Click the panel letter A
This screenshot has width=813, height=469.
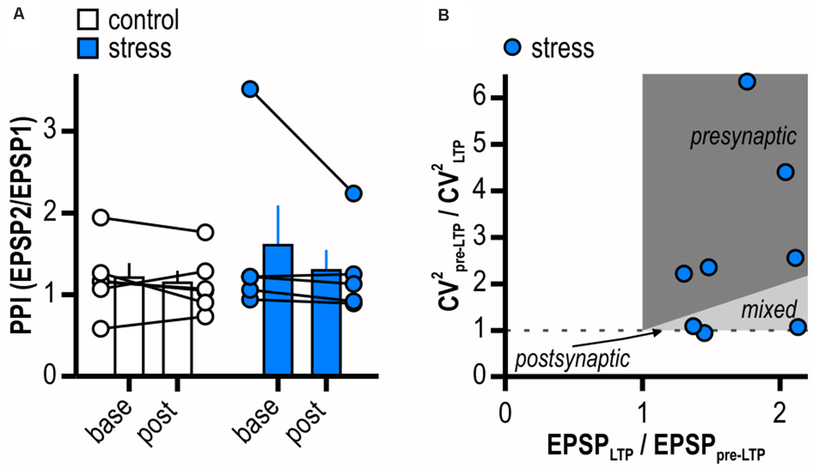pyautogui.click(x=19, y=14)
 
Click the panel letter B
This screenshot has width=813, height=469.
pyautogui.click(x=443, y=15)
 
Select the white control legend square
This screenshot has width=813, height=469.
pyautogui.click(x=88, y=20)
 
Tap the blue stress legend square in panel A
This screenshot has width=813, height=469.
pyautogui.click(x=88, y=48)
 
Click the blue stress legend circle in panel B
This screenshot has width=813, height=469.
pyautogui.click(x=513, y=48)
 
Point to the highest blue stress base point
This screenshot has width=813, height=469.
pyautogui.click(x=250, y=89)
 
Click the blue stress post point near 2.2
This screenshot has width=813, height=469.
pyautogui.click(x=353, y=193)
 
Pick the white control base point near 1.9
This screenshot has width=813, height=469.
pyautogui.click(x=101, y=218)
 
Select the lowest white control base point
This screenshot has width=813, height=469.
pyautogui.click(x=101, y=328)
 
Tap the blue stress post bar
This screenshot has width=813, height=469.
pyautogui.click(x=326, y=324)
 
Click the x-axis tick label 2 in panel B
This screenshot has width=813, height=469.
pyautogui.click(x=780, y=414)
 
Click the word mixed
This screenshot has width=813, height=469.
pyautogui.click(x=768, y=310)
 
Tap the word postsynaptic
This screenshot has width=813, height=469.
pyautogui.click(x=572, y=359)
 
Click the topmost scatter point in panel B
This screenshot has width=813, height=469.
pyautogui.click(x=747, y=82)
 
